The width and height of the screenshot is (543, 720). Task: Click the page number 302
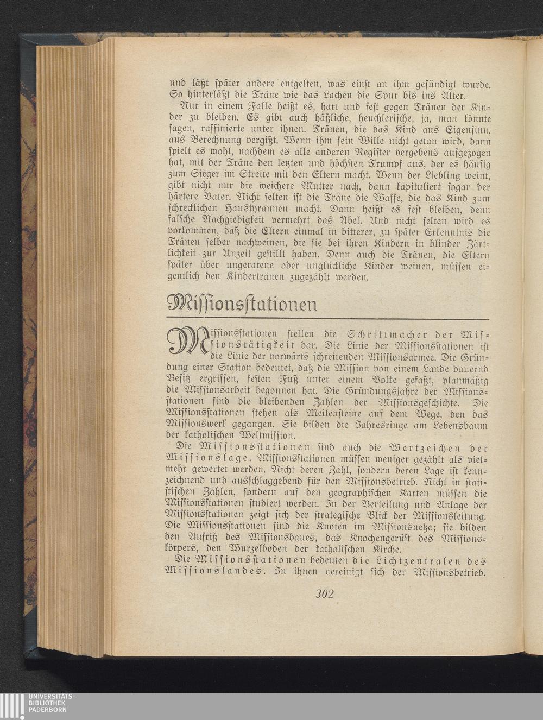325,593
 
